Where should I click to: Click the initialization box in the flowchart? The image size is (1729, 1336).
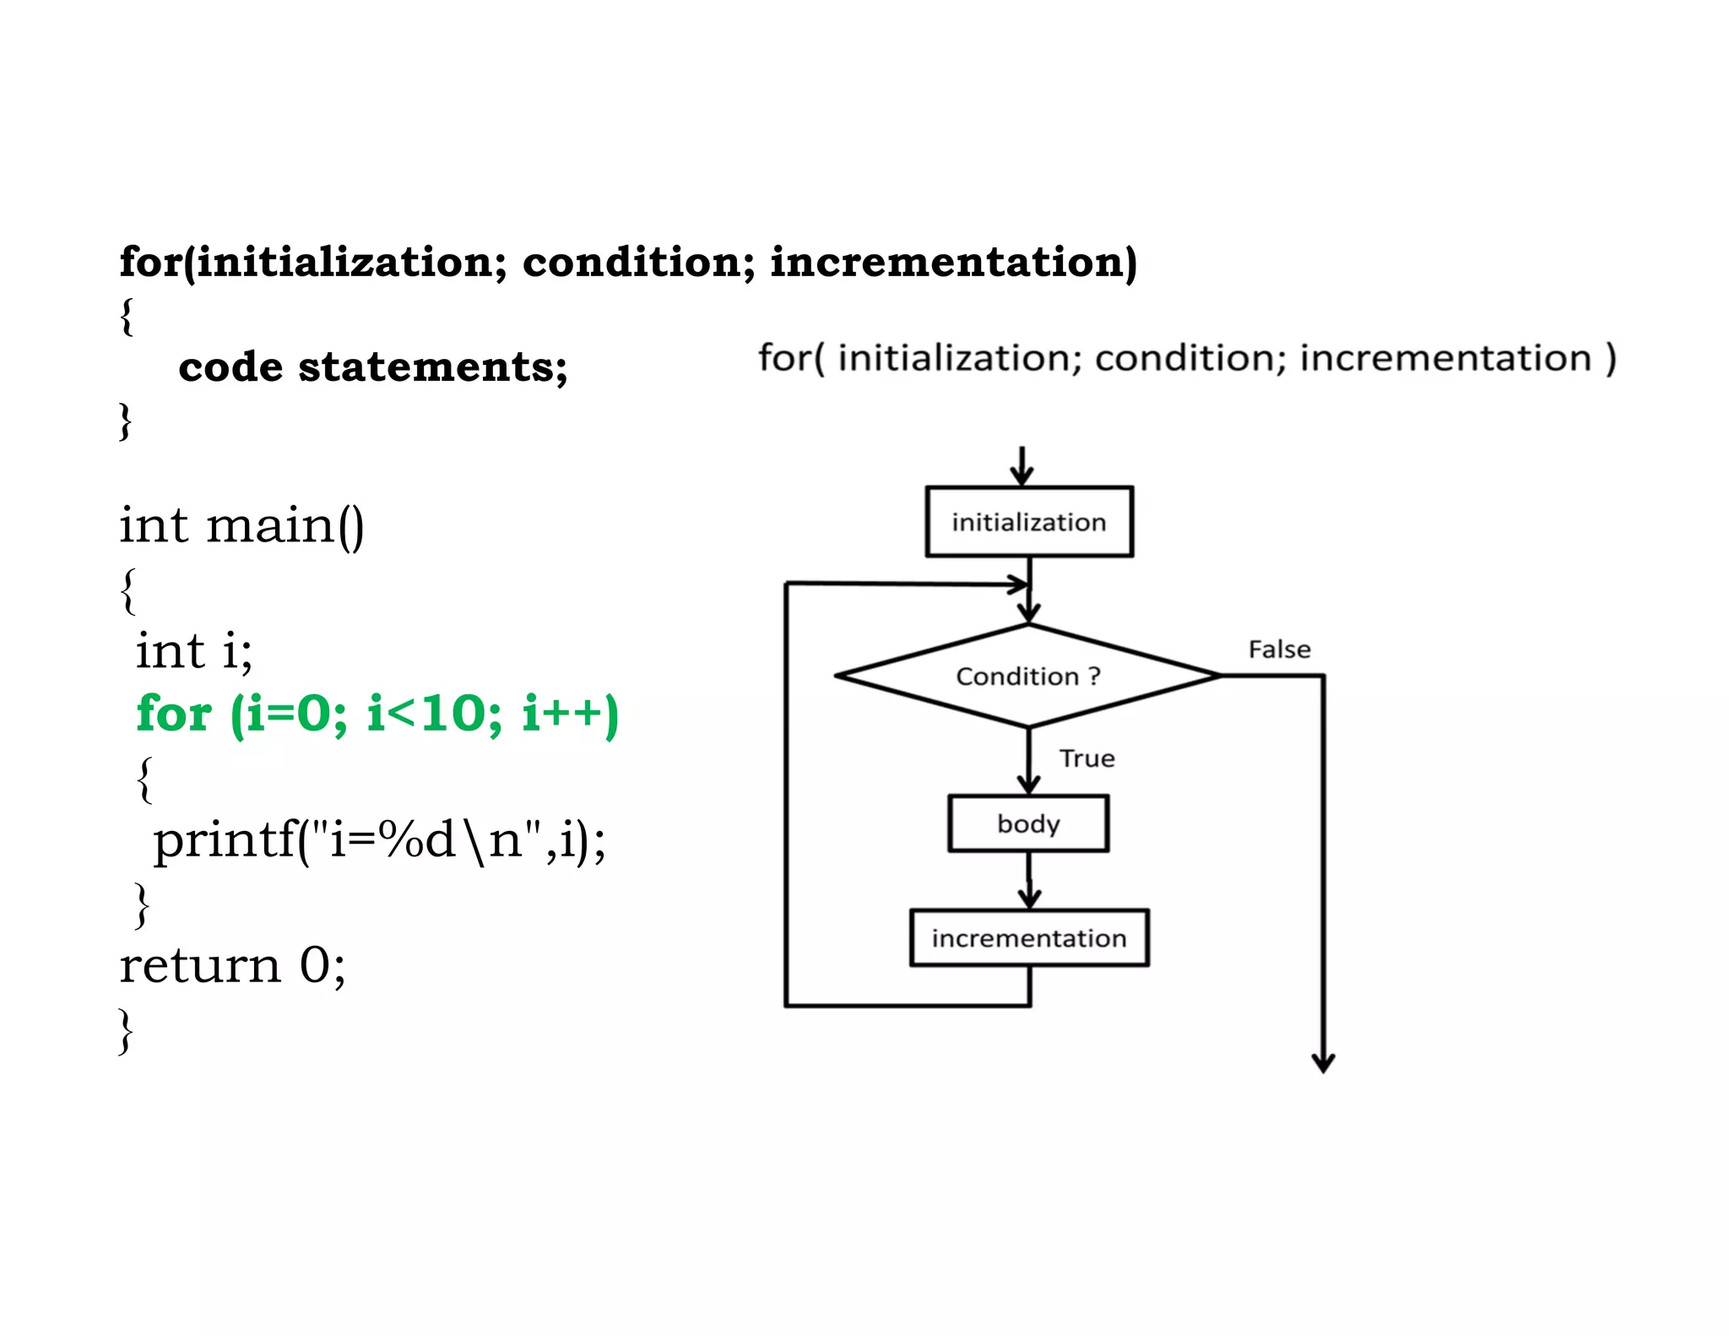[x=1028, y=522]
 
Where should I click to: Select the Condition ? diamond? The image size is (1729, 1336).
[x=1027, y=676]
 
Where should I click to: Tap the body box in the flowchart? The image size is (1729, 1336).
[x=1027, y=823]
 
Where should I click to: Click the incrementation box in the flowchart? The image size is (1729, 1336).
[x=1028, y=937]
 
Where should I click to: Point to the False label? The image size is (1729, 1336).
[x=1279, y=649]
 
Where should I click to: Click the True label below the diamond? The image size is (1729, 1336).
[x=1087, y=758]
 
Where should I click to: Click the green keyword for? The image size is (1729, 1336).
[x=174, y=714]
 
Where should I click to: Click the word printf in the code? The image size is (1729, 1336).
[x=225, y=840]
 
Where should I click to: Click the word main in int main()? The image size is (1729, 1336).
[x=270, y=525]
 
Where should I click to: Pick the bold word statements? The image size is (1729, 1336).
[x=432, y=367]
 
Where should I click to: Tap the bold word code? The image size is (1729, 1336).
[x=230, y=367]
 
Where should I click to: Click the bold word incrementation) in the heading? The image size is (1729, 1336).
[x=953, y=262]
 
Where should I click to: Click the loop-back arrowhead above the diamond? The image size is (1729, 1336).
[x=1020, y=584]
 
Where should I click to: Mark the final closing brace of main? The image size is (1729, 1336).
[x=126, y=1030]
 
